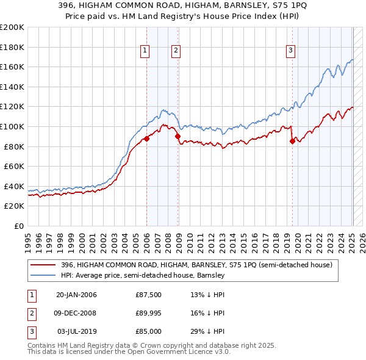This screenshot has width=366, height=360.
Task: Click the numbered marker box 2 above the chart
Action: (x=175, y=51)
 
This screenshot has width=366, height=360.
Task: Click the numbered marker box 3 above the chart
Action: (x=291, y=51)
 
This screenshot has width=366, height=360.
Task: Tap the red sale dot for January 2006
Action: (x=147, y=139)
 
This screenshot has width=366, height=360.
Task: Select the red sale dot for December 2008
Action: (x=178, y=137)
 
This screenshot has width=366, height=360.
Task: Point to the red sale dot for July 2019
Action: (x=292, y=142)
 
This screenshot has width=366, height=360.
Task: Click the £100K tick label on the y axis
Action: (x=12, y=126)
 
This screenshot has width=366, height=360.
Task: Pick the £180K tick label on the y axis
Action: (x=12, y=47)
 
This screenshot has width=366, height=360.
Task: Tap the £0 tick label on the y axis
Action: (x=18, y=226)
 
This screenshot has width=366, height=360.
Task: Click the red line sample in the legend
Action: (x=43, y=265)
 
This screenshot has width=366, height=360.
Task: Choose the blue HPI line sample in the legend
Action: (x=43, y=276)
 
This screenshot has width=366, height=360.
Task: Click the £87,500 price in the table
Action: (x=149, y=295)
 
